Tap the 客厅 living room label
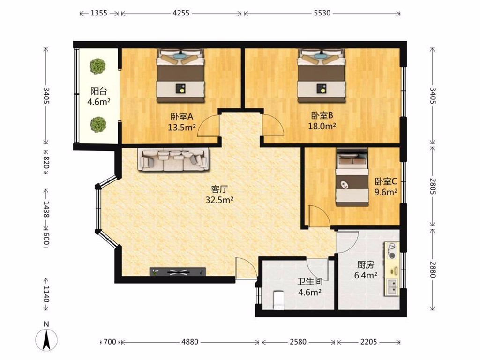[x=220, y=189]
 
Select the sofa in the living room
[x=173, y=159]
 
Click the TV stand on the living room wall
[x=178, y=271]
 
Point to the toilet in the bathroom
[x=278, y=300]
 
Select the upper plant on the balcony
[x=97, y=66]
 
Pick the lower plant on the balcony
[x=98, y=124]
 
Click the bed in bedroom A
[x=180, y=75]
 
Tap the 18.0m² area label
[x=322, y=126]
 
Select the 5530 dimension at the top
[x=322, y=13]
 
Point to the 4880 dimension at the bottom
[x=190, y=342]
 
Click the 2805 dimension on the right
[x=432, y=186]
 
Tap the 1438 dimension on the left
[x=46, y=210]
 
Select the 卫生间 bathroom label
[x=310, y=281]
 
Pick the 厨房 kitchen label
[x=366, y=264]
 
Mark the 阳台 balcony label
[x=98, y=91]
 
